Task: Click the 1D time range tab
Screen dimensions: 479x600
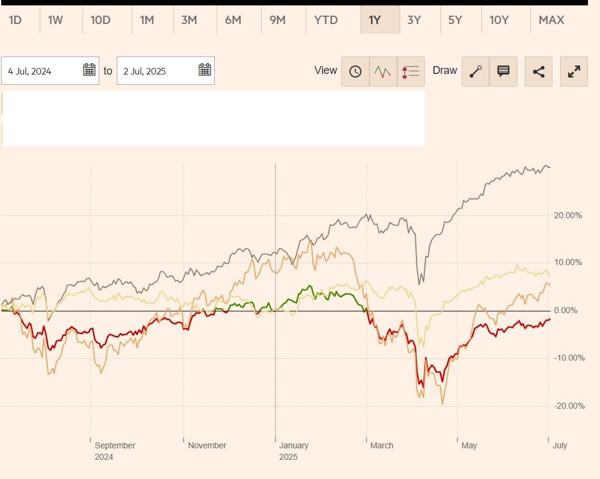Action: pyautogui.click(x=15, y=20)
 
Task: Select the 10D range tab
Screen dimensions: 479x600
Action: pyautogui.click(x=101, y=20)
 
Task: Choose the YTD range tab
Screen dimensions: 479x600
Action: pyautogui.click(x=326, y=20)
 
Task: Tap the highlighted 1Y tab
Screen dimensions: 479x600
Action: pyautogui.click(x=375, y=20)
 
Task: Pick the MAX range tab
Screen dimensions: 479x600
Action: pyautogui.click(x=551, y=20)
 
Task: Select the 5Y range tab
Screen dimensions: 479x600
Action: pyautogui.click(x=455, y=20)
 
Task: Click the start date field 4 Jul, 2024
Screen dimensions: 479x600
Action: pyautogui.click(x=42, y=71)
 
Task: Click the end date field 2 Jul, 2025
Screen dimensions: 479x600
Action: pyautogui.click(x=156, y=71)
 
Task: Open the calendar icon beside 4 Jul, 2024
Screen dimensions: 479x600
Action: pyautogui.click(x=89, y=70)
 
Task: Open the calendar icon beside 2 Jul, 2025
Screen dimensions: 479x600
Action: pyautogui.click(x=205, y=70)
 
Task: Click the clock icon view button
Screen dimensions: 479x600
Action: pyautogui.click(x=356, y=72)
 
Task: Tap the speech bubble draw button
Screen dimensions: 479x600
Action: pyautogui.click(x=503, y=72)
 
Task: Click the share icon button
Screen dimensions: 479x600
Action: pyautogui.click(x=539, y=72)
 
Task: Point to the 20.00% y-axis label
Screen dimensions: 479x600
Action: pyautogui.click(x=568, y=215)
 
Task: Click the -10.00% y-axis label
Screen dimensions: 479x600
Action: pyautogui.click(x=568, y=358)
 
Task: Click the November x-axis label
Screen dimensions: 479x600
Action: pyautogui.click(x=207, y=445)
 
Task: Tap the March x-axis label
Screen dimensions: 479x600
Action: pyautogui.click(x=382, y=445)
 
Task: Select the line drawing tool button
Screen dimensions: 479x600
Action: pyautogui.click(x=475, y=72)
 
